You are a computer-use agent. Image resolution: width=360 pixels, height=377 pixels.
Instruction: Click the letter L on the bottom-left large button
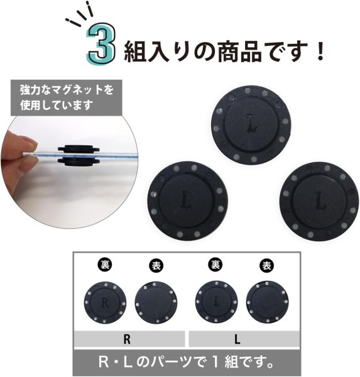point(186,200)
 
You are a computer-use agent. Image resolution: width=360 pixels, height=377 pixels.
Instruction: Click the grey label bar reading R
point(128,339)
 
